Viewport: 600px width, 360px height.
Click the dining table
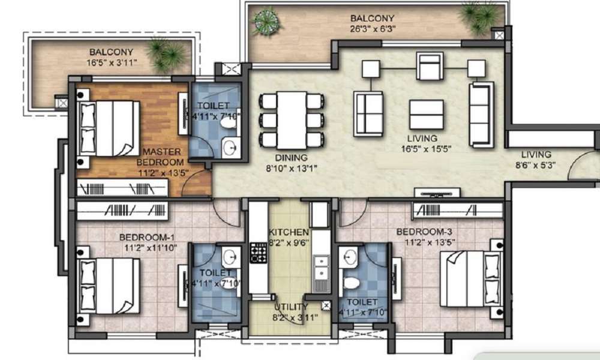(x=292, y=120)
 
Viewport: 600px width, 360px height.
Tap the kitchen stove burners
(x=259, y=253)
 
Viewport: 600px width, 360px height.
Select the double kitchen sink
(x=321, y=268)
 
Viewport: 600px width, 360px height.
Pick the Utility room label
(x=291, y=307)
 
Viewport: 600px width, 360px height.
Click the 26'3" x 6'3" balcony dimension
(x=373, y=29)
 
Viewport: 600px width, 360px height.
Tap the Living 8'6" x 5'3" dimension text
(x=536, y=165)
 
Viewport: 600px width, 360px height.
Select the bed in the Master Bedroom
(x=109, y=128)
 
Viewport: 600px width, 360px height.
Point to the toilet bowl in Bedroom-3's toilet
(x=352, y=283)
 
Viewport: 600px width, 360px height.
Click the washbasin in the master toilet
(x=230, y=147)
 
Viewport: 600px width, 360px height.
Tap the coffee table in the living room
(x=426, y=115)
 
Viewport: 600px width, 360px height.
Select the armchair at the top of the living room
(x=430, y=66)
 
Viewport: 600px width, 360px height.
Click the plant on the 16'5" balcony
(x=167, y=55)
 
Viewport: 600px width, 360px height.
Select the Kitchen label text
(x=289, y=232)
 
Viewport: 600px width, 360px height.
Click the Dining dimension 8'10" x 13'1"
(x=292, y=169)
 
